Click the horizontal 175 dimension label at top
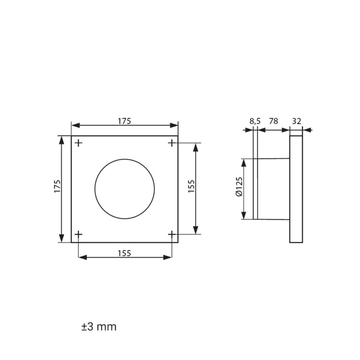pos(124,121)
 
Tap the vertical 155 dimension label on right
pos(191,186)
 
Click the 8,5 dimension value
pos(255,121)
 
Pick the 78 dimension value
pos(273,121)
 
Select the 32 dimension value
pos(297,121)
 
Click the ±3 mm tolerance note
pos(99,326)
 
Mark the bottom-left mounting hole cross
pos(79,234)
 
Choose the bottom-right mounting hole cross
pos(172,234)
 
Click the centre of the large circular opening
pos(125,188)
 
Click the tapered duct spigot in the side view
pos(274,189)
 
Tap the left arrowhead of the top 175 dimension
pos(75,126)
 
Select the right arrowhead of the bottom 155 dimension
pos(168,258)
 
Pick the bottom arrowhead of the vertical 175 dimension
pos(62,238)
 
